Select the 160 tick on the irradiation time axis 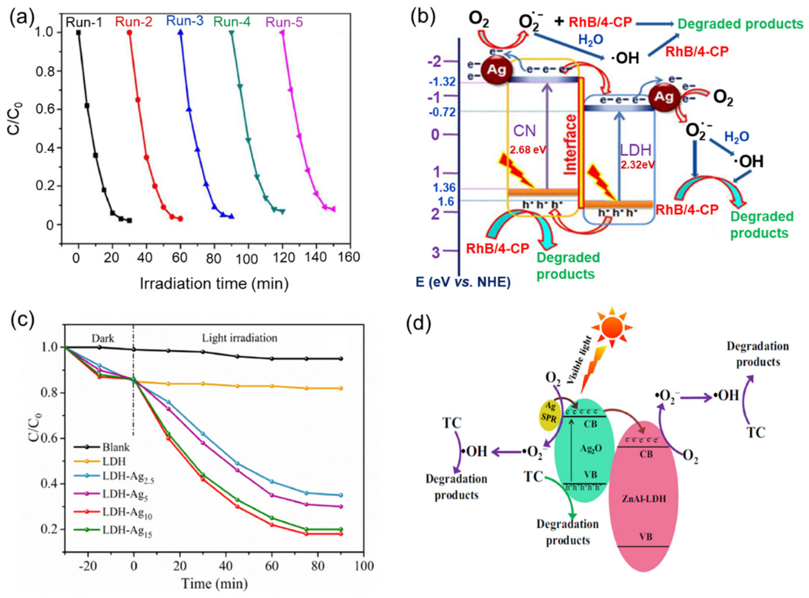click(349, 257)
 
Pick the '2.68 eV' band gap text click(528, 150)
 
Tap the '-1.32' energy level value click(442, 82)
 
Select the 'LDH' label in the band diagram click(636, 150)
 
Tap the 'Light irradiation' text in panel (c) click(239, 338)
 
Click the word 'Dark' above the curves click(103, 338)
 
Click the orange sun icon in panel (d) click(612, 328)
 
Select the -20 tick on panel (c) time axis click(88, 566)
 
